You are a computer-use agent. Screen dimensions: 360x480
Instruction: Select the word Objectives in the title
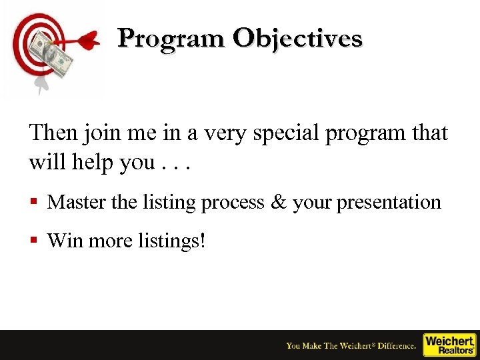(297, 39)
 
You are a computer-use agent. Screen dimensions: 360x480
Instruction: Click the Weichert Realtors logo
(450, 345)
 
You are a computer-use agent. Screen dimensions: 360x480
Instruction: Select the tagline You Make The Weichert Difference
(351, 345)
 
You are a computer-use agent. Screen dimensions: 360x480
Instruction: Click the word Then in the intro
(53, 133)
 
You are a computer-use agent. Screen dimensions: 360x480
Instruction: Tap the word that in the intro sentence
(429, 133)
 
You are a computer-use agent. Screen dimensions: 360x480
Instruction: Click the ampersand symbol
(278, 202)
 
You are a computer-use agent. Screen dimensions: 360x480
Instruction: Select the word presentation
(389, 202)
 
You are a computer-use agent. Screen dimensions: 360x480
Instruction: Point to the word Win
(65, 240)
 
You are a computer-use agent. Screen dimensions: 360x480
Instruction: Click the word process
(231, 203)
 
